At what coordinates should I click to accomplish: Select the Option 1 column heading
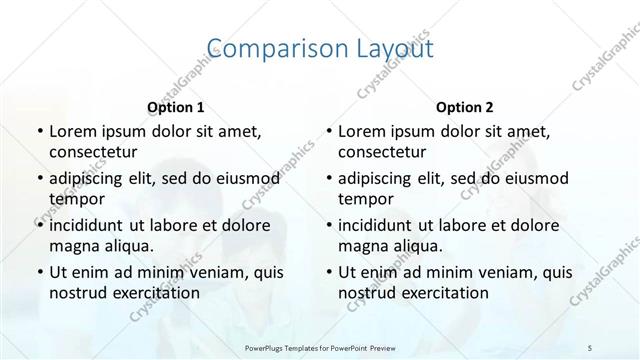pos(175,106)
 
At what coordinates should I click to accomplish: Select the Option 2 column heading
pos(465,106)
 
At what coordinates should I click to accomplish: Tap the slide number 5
pos(591,348)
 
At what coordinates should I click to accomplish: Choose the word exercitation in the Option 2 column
pos(443,292)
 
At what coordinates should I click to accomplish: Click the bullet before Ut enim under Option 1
pos(39,272)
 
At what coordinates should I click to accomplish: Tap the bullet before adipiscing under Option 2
pos(329,178)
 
